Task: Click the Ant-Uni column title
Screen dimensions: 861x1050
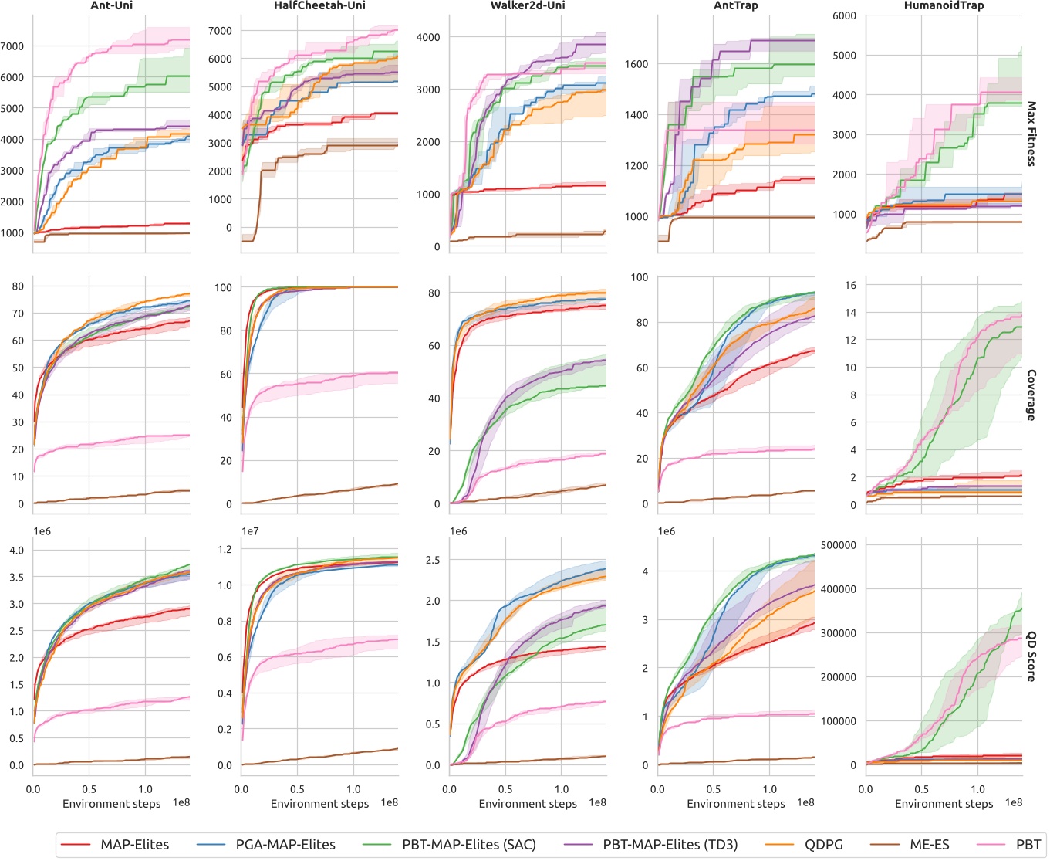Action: point(112,5)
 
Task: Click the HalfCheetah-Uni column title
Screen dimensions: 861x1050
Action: point(319,5)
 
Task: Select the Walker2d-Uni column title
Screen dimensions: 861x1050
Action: point(528,5)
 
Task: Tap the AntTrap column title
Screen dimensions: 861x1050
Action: point(735,5)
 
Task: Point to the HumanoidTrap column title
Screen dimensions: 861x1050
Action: point(944,5)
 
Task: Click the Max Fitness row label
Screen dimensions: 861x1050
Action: point(1031,134)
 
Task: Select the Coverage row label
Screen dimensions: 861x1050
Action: point(1031,395)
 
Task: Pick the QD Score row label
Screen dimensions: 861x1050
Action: point(1031,656)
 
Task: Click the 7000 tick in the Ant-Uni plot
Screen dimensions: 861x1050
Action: point(12,46)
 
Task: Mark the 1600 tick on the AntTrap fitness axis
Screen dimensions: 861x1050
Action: point(636,64)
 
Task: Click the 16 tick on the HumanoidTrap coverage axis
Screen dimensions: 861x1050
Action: point(850,285)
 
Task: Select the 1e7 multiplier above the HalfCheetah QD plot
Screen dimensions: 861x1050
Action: point(250,531)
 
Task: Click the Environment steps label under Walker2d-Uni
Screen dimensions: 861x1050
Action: point(528,804)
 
